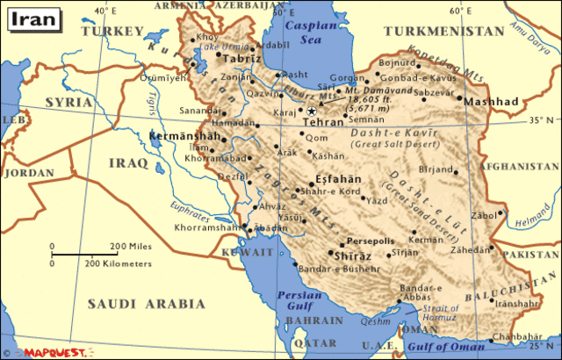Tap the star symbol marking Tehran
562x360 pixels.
(x=311, y=111)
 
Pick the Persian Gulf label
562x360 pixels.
(x=295, y=300)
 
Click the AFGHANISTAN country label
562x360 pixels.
(x=525, y=166)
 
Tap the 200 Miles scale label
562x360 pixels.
(x=126, y=246)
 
